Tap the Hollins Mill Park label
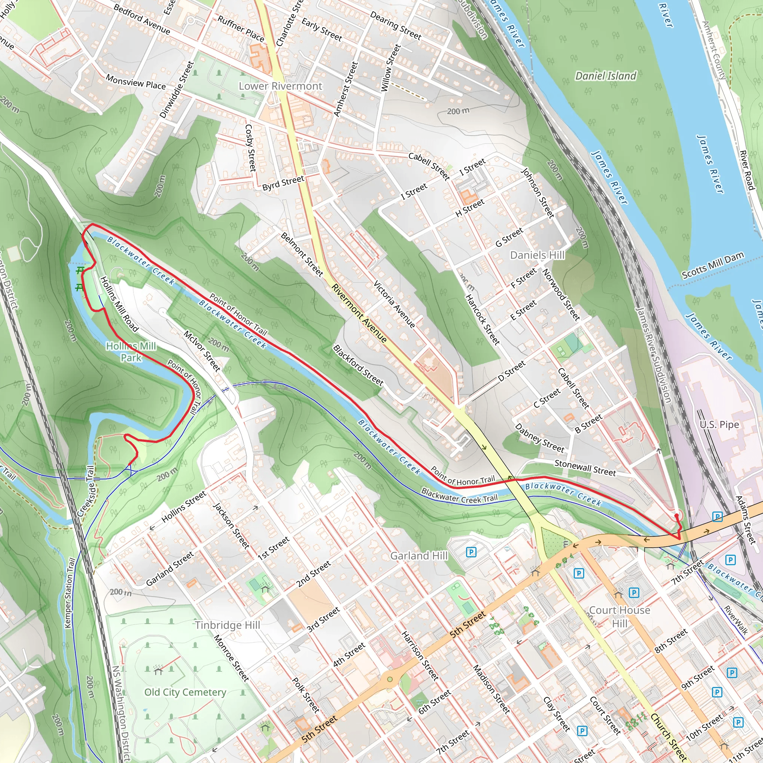tap(131, 352)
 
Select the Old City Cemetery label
tap(185, 692)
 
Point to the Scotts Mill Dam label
tap(713, 265)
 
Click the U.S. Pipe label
tap(719, 425)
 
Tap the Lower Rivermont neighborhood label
tap(281, 86)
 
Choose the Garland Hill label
tap(419, 555)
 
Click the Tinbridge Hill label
tap(228, 625)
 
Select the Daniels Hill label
tap(537, 255)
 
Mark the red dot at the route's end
tap(677, 516)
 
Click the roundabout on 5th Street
tap(390, 679)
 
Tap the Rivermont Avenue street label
tap(359, 313)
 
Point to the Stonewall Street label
tap(585, 468)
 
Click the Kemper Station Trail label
tap(70, 593)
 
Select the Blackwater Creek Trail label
tap(459, 495)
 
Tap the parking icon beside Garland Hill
tap(471, 552)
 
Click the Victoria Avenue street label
tap(394, 304)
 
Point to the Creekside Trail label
tap(86, 491)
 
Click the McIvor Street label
tap(202, 351)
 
